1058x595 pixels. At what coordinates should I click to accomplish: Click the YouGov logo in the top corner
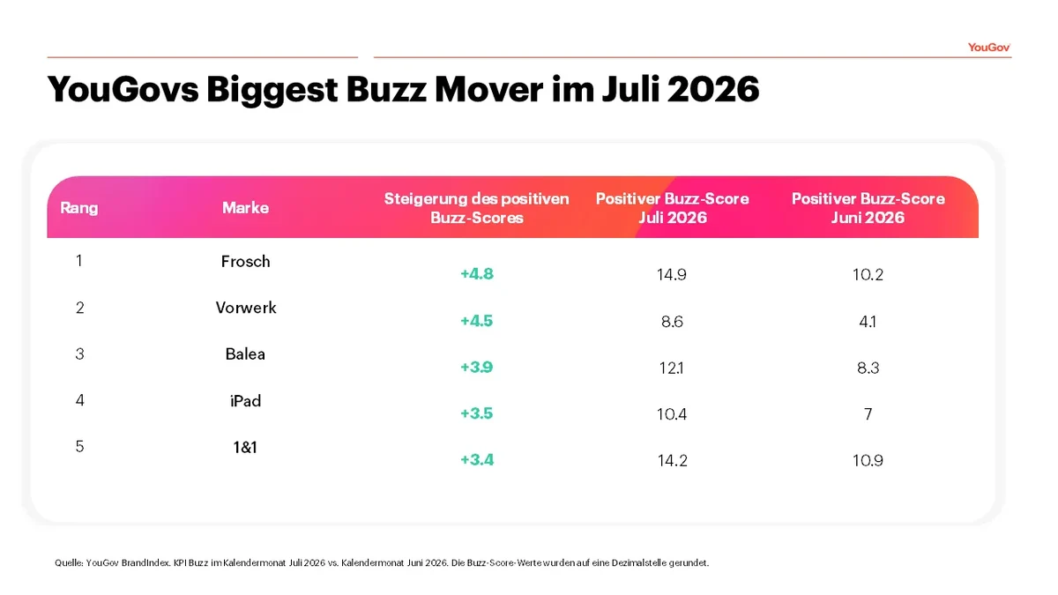pos(988,48)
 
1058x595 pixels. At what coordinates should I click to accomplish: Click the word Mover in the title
pos(488,89)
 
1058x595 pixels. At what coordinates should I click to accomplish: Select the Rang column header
pos(78,208)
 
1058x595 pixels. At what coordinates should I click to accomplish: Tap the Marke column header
pos(245,208)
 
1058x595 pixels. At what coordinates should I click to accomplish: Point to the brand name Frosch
pos(245,261)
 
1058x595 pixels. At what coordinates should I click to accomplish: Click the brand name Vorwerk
pos(246,308)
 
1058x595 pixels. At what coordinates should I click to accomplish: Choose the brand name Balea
pos(245,353)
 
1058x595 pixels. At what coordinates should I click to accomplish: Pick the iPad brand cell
pos(245,401)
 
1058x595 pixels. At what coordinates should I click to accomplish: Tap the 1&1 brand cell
pos(245,447)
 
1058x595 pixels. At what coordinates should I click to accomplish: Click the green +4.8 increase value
pos(477,274)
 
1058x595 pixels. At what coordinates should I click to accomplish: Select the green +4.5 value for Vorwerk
pos(477,321)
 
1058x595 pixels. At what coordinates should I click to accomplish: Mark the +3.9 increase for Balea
pos(477,367)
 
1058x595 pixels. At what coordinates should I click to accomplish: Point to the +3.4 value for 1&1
pos(477,460)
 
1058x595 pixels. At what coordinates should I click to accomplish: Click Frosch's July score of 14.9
pos(672,274)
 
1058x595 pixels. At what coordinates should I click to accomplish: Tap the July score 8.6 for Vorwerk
pos(672,322)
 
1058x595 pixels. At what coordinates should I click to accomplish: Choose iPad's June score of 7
pos(868,414)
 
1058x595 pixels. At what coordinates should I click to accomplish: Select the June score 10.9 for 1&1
pos(868,460)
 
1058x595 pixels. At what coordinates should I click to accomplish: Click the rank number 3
pos(79,353)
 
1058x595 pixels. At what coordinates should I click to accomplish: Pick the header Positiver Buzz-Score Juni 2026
pos(868,208)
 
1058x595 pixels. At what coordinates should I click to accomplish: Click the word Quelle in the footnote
pos(69,563)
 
